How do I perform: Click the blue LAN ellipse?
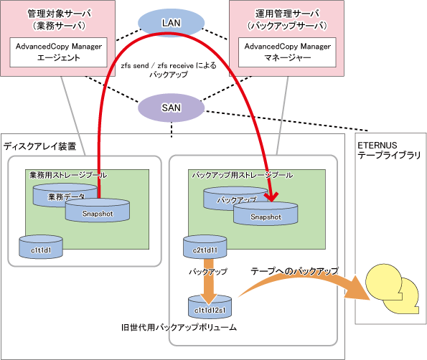point(171,23)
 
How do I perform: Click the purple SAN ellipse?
point(171,108)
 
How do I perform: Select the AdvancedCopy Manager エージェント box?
point(59,52)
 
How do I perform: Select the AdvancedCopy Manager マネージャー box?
point(287,52)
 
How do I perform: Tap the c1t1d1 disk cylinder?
point(41,247)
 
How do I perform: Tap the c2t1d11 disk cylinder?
point(205,247)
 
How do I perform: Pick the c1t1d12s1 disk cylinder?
point(210,307)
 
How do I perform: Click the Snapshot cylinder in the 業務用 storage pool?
point(97,210)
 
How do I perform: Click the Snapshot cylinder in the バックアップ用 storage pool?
point(266,214)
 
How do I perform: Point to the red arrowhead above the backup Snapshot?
point(271,196)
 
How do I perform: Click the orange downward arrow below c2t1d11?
point(209,281)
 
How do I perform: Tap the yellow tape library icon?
point(392,288)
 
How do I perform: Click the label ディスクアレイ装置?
point(39,146)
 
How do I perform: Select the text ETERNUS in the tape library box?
point(377,146)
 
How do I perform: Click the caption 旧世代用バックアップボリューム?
point(179,327)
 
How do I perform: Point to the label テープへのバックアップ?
point(294,271)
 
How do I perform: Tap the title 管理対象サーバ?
point(60,14)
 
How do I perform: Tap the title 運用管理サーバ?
point(287,14)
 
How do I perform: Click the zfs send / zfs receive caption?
point(169,70)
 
